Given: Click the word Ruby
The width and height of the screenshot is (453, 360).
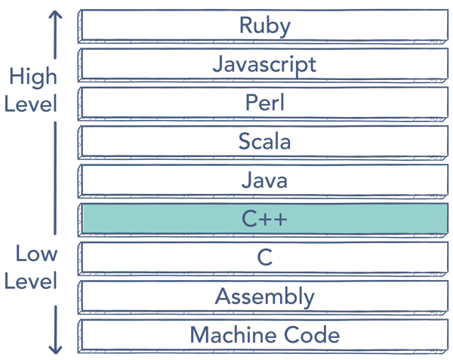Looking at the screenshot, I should (264, 25).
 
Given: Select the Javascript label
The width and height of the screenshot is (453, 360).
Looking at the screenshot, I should (264, 64).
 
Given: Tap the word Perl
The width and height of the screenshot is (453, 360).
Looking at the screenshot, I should (264, 103).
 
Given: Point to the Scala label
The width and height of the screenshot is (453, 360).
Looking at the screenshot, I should (264, 141).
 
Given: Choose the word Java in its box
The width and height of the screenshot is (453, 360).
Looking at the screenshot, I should (264, 180).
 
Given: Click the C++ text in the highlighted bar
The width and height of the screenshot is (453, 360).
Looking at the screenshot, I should (264, 219).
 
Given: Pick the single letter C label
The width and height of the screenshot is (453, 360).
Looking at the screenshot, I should (264, 257).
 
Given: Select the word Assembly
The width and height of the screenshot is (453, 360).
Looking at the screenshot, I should (264, 297).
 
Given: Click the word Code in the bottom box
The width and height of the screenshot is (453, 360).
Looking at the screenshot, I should (307, 334).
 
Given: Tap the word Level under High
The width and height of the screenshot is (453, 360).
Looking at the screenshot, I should (30, 103).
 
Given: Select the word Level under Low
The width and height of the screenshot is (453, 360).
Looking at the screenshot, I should (30, 282).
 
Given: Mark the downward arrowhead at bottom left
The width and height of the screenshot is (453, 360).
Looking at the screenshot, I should (55, 349).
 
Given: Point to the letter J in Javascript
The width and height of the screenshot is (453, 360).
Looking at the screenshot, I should (217, 64).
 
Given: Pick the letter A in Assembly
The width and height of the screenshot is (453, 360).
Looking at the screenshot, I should (222, 296).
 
